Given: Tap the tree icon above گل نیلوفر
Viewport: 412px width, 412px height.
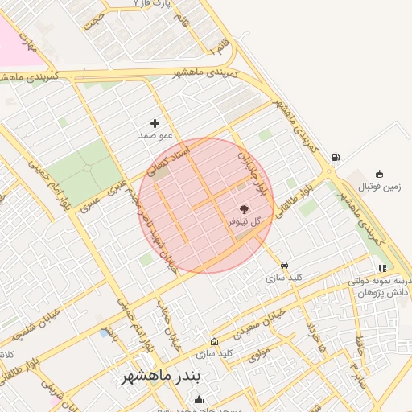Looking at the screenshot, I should point(244,208).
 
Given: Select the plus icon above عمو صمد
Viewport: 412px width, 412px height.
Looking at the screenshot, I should point(154,123).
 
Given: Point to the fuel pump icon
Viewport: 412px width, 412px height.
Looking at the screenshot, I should point(335,157).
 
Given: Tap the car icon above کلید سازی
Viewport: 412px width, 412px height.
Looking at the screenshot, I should point(284,265).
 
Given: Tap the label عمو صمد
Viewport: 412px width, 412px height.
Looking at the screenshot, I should point(155,136).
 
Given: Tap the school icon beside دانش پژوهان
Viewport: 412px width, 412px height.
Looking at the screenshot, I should point(382,268).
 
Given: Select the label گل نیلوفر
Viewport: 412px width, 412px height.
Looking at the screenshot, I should point(245,220).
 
